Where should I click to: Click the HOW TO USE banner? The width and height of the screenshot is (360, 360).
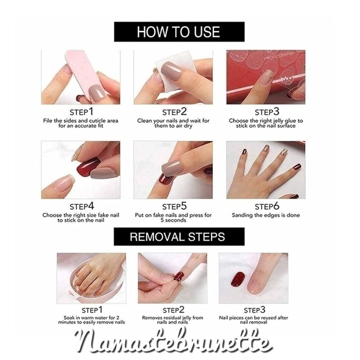click(179, 32)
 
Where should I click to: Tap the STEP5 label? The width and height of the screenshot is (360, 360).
click(174, 205)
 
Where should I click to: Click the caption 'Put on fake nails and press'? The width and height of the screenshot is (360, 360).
click(173, 218)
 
